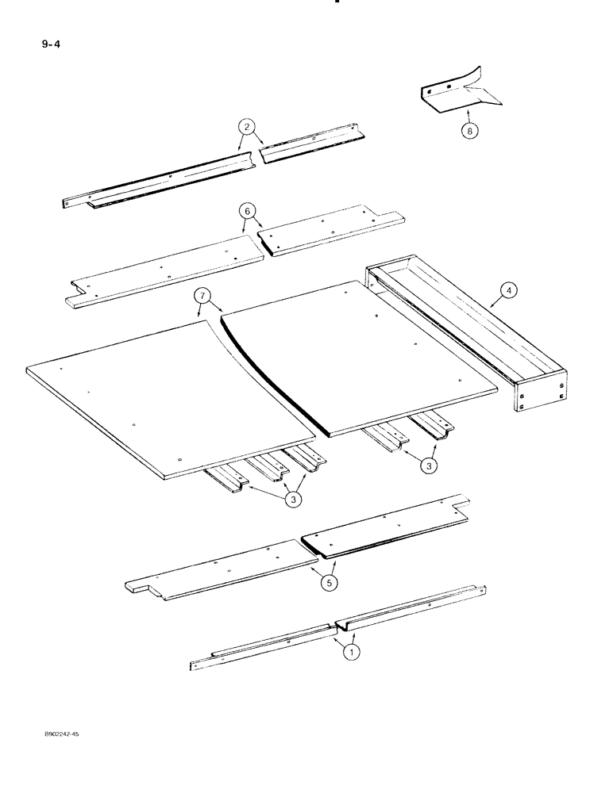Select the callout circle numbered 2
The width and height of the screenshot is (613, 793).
tap(248, 127)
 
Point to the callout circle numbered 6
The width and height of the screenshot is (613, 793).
tap(248, 211)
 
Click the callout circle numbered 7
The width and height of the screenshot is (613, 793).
tap(204, 298)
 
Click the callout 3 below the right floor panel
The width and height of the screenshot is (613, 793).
tap(428, 467)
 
